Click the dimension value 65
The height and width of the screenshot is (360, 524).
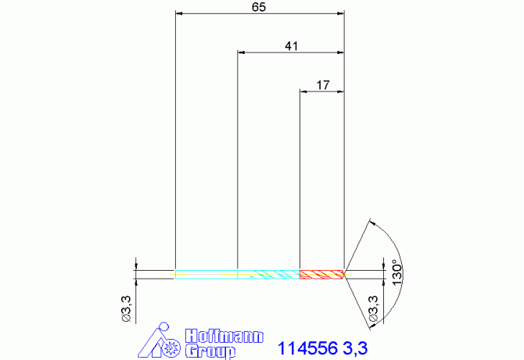[259, 7]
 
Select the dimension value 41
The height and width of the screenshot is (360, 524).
[291, 46]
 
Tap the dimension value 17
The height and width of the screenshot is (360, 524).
[322, 85]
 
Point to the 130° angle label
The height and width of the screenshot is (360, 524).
[397, 272]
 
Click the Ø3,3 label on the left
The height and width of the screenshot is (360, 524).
[127, 308]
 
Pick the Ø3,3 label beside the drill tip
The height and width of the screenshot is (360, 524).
[373, 308]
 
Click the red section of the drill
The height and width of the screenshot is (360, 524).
[321, 275]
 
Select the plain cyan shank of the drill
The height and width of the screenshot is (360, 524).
[206, 275]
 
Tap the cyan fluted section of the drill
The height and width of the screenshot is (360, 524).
[269, 275]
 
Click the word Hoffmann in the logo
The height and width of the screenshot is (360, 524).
[224, 337]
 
